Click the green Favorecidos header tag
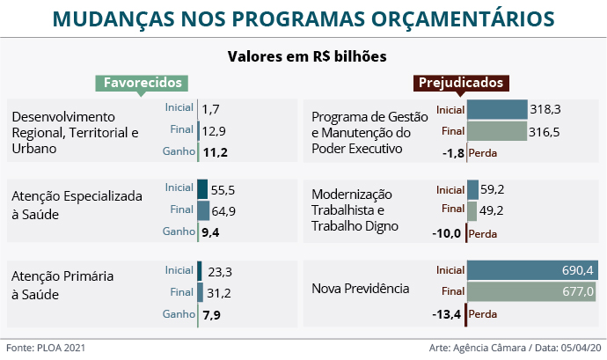(143, 83)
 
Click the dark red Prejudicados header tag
(460, 83)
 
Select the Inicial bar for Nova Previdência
(532, 270)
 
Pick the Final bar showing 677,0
(532, 292)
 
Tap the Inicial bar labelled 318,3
(497, 109)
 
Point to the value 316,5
(545, 132)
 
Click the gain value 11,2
(215, 152)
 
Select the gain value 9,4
(210, 232)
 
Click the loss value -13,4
(448, 314)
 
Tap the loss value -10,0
(448, 233)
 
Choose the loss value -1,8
(453, 153)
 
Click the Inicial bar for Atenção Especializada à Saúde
(202, 188)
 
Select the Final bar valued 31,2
(201, 292)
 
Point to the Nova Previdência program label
(361, 289)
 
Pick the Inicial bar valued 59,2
(472, 189)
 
